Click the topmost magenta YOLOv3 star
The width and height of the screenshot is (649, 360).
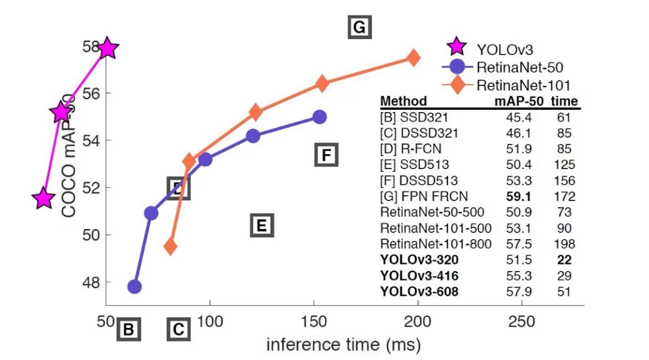coord(107,48)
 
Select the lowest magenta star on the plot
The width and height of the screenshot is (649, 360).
coord(43,199)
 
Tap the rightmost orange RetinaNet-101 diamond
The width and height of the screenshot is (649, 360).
coord(413,58)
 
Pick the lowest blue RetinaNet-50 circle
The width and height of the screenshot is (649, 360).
coord(135,286)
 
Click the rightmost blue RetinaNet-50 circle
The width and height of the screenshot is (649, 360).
coord(320,117)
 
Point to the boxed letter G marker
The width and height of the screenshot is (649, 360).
coord(360,27)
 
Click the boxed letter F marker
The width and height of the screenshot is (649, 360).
coord(325,155)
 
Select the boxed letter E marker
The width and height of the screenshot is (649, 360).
coord(262,225)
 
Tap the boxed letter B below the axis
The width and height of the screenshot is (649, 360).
coord(128,329)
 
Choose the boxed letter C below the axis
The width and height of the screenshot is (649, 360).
coord(179,329)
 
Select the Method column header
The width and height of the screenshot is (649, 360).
coord(403,101)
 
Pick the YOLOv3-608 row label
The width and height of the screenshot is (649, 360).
coord(419,291)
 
